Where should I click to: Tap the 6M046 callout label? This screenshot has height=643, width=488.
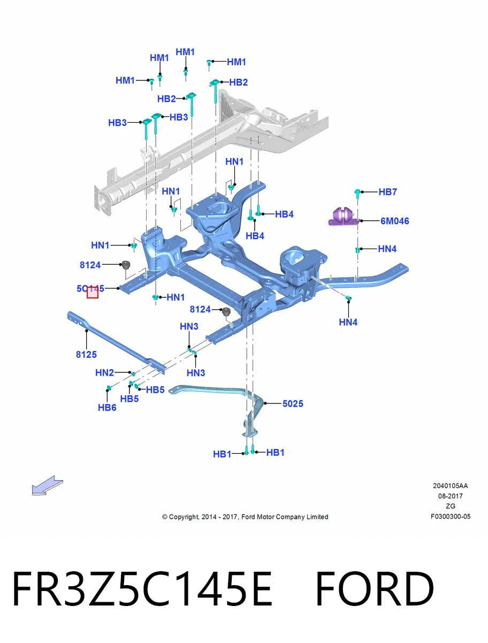394,221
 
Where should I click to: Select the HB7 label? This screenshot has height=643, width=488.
388,192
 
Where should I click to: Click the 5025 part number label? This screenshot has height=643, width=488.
293,403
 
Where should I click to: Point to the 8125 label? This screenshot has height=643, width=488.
86,355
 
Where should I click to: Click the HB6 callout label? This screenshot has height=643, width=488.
107,407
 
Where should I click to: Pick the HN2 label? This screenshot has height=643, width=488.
104,372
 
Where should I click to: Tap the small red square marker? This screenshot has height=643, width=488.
93,293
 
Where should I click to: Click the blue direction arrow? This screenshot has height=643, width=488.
48,485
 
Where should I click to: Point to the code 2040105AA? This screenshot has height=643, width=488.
451,486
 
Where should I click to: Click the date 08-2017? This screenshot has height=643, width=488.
451,496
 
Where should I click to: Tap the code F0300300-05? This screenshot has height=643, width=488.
451,517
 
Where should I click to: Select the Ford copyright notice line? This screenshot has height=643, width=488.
245,517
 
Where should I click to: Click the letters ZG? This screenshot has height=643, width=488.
451,506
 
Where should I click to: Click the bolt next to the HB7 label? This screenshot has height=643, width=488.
357,193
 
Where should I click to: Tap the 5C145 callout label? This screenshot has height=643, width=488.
90,288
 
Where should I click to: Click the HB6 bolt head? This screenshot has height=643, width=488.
109,388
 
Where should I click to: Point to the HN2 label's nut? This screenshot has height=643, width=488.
133,374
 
